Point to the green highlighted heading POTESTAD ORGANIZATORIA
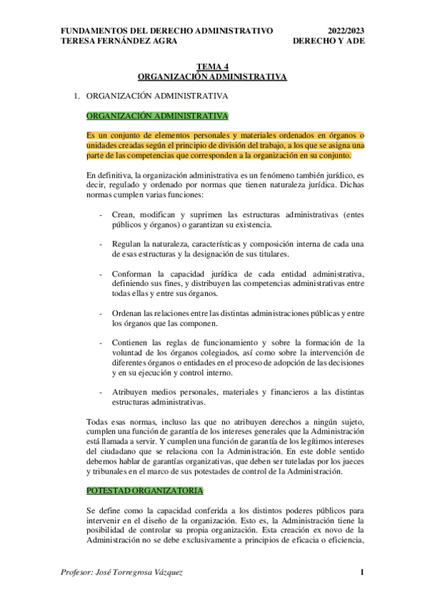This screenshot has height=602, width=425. pyautogui.click(x=145, y=491)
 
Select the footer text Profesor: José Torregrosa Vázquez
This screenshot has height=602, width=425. pyautogui.click(x=122, y=572)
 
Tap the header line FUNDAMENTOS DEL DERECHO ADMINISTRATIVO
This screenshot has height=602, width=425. pyautogui.click(x=167, y=31)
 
